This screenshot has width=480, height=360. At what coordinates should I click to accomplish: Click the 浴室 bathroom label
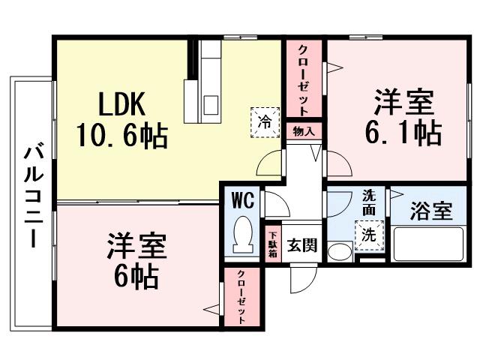(431, 211)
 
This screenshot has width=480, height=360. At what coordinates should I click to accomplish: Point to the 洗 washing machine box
(369, 234)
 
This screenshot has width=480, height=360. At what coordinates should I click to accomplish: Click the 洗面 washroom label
(369, 201)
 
